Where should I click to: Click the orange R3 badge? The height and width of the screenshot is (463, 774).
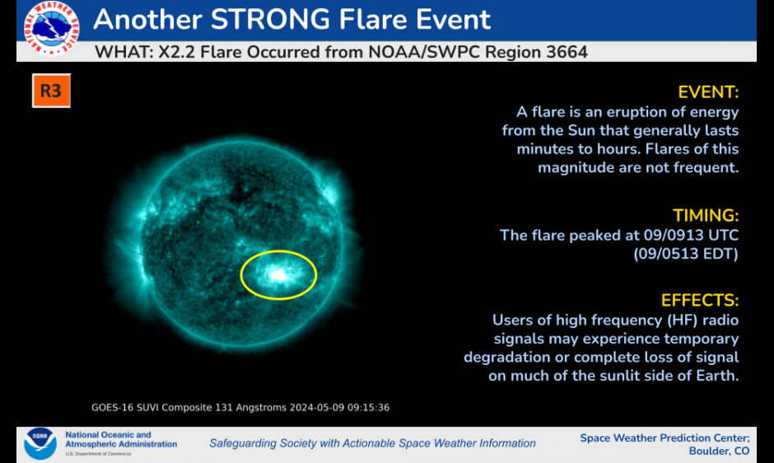[51, 91]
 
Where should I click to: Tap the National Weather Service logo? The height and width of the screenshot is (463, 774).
[51, 27]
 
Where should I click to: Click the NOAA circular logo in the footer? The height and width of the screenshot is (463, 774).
[40, 443]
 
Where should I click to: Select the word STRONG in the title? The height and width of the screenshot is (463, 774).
[270, 20]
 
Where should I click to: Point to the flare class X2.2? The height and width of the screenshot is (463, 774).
[177, 52]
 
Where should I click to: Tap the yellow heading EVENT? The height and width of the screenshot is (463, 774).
[708, 92]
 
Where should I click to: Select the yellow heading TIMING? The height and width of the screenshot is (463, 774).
[706, 216]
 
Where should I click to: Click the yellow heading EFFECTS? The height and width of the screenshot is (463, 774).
[700, 301]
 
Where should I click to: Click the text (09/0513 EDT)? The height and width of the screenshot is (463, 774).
[686, 254]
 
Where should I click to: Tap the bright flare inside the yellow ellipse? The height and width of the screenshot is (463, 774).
[278, 274]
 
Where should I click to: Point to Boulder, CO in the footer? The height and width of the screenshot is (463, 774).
[719, 451]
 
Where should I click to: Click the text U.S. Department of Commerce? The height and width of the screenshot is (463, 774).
[98, 454]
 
